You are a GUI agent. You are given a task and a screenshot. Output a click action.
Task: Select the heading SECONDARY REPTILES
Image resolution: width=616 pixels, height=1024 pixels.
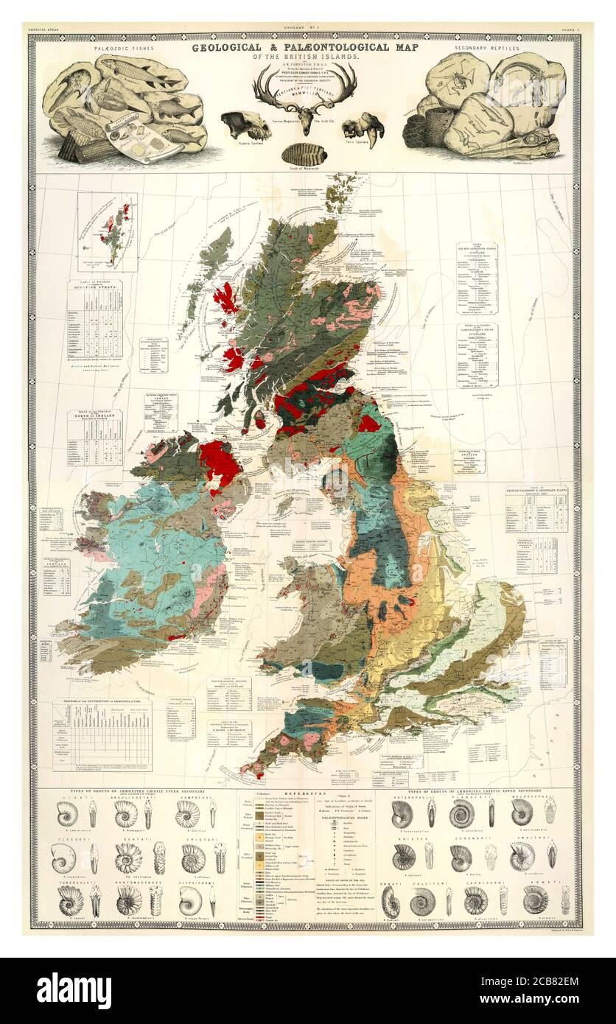pos(486,49)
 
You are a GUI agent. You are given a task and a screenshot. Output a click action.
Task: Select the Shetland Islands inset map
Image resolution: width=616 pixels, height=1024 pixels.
pos(108,232)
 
